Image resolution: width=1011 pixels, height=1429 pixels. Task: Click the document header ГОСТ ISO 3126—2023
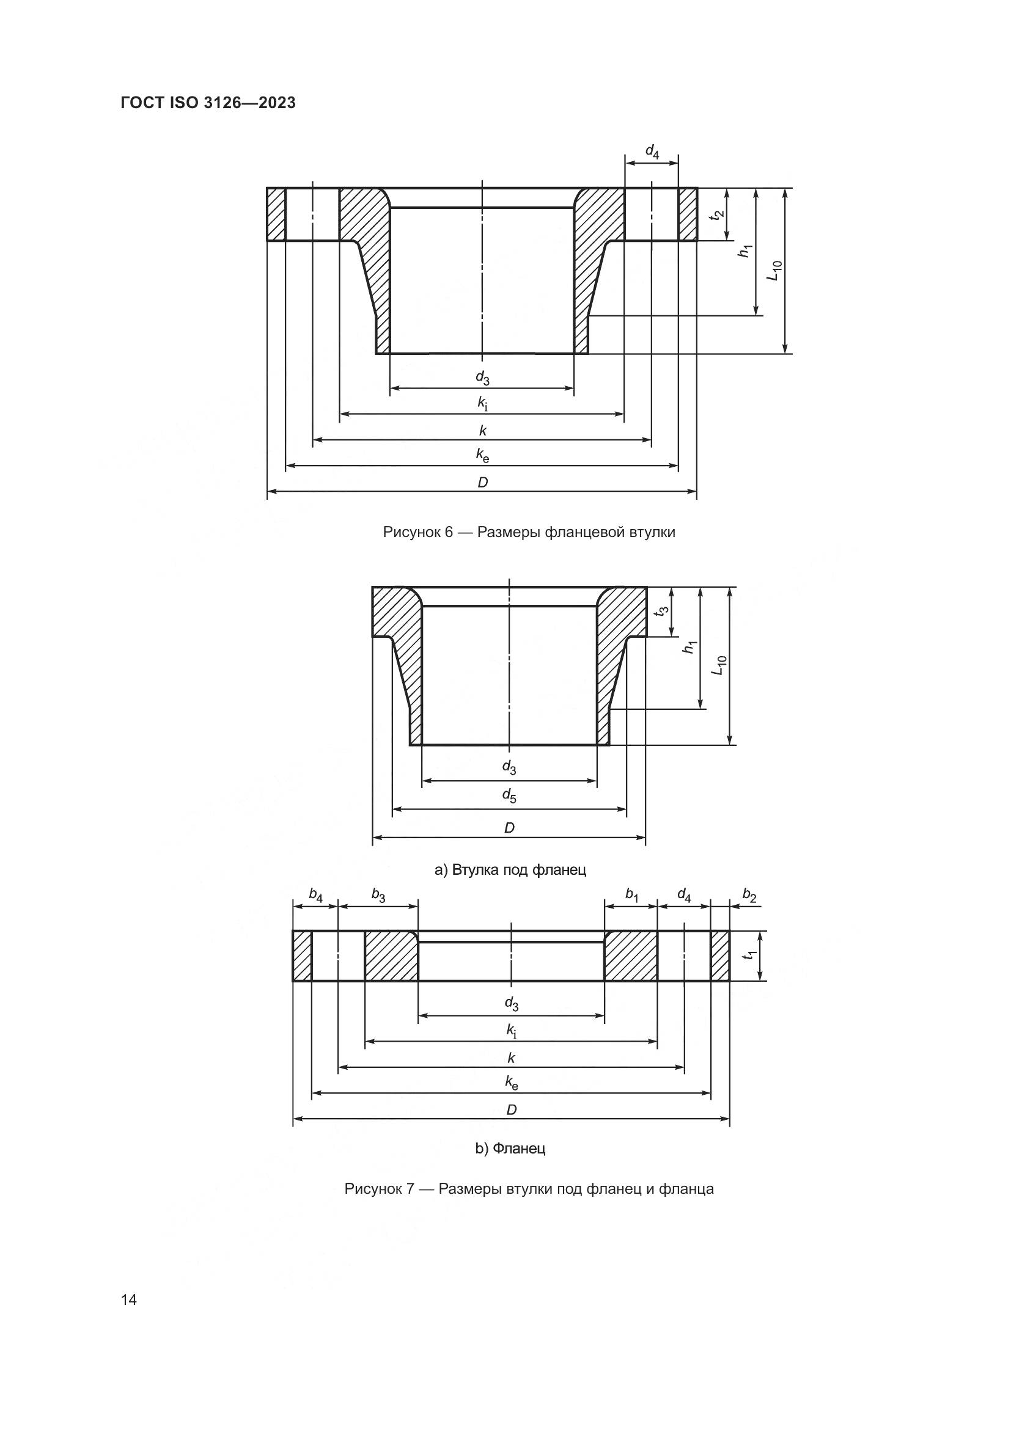pos(208,103)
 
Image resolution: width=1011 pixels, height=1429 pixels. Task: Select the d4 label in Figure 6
pos(652,152)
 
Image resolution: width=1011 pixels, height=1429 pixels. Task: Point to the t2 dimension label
pos(718,214)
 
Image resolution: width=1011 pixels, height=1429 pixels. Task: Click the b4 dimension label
pos(316,896)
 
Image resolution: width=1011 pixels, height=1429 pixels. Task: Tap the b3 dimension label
pos(378,896)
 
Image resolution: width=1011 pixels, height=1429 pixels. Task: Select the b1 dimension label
pos(632,896)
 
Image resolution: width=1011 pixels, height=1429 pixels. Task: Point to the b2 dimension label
pos(749,896)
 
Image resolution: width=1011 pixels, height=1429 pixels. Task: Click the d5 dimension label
pos(509,796)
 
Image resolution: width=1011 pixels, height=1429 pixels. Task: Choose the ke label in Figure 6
pos(482,456)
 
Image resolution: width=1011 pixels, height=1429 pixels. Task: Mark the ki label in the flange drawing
pos(511,1031)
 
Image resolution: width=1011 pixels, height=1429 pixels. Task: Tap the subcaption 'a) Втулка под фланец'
pos(510,869)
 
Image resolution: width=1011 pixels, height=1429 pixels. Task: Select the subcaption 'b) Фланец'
pos(510,1148)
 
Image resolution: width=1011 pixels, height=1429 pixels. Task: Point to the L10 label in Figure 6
pos(776,270)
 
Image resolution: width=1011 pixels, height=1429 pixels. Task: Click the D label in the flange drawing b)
pos(511,1109)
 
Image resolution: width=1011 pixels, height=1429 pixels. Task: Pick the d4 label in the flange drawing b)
pos(684,896)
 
